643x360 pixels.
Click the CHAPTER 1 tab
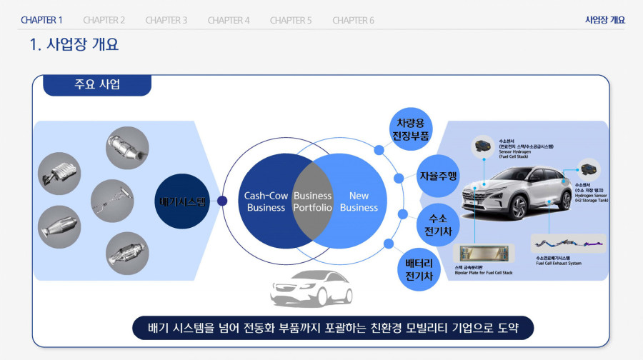coord(41,20)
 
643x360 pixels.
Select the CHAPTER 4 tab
coord(229,20)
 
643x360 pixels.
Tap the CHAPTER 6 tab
coord(353,20)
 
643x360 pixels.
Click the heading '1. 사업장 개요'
coord(74,45)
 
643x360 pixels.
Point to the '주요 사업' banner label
coord(97,85)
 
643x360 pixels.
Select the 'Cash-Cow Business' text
coord(266,201)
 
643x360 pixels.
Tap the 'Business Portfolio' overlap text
coord(312,201)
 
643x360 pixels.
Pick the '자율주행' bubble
coord(438,176)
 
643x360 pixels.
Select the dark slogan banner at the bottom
coord(333,328)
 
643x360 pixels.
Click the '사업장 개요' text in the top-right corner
coord(604,20)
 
